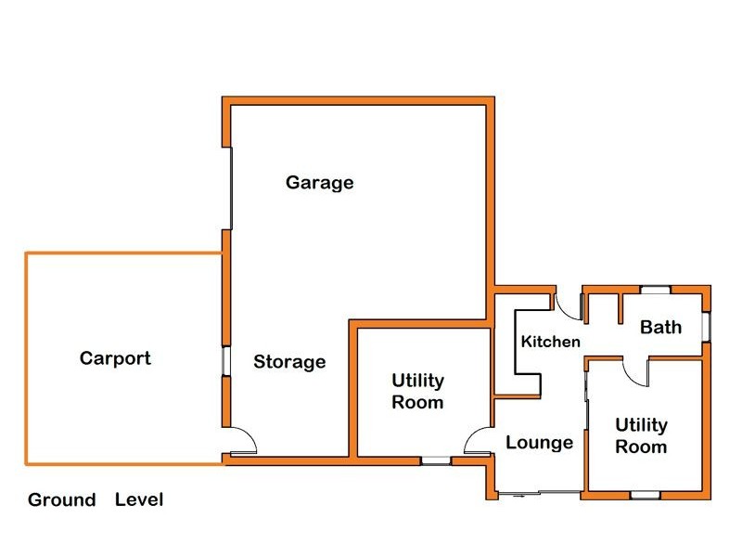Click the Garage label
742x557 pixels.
pyautogui.click(x=319, y=182)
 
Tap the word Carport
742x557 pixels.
pyautogui.click(x=115, y=357)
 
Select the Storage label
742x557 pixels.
pyautogui.click(x=289, y=361)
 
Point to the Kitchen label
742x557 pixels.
pyautogui.click(x=550, y=342)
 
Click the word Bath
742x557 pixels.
pyautogui.click(x=660, y=326)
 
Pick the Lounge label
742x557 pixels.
pyautogui.click(x=539, y=443)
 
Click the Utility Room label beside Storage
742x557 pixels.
pyautogui.click(x=417, y=392)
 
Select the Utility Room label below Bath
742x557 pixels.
pyautogui.click(x=642, y=435)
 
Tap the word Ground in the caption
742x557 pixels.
pyautogui.click(x=61, y=499)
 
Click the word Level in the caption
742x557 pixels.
pyautogui.click(x=139, y=499)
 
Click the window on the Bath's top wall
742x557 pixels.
pyautogui.click(x=655, y=291)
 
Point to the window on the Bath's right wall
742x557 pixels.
pyautogui.click(x=706, y=326)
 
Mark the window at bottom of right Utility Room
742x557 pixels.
pyautogui.click(x=643, y=495)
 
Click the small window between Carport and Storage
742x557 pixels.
pyautogui.click(x=224, y=361)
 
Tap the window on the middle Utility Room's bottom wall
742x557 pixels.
pyautogui.click(x=434, y=459)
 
